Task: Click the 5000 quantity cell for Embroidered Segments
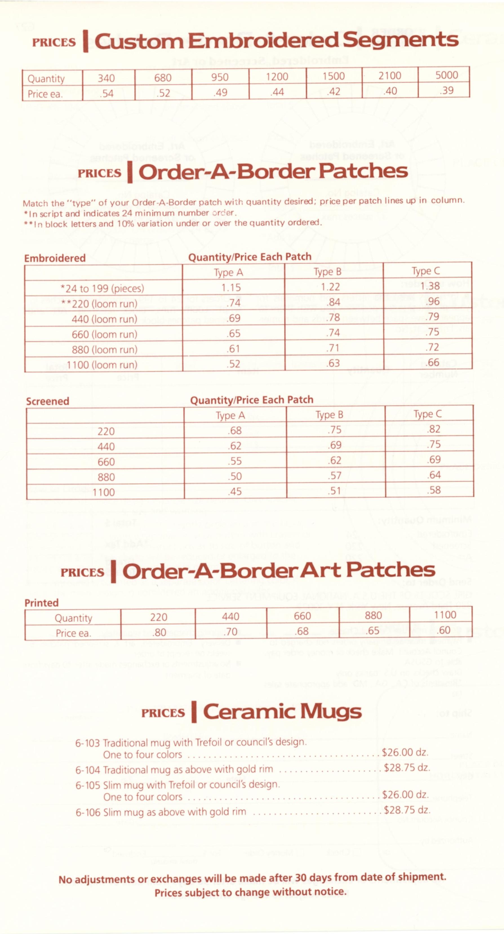pyautogui.click(x=447, y=75)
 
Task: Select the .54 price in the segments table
pyautogui.click(x=106, y=94)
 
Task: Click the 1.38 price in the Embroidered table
pyautogui.click(x=430, y=286)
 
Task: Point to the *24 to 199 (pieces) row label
pyautogui.click(x=102, y=289)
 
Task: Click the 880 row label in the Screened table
pyautogui.click(x=106, y=477)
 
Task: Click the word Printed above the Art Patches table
pyautogui.click(x=41, y=603)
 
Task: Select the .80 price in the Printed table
pyautogui.click(x=159, y=633)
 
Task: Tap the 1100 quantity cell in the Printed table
pyautogui.click(x=445, y=615)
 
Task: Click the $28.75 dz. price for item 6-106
pyautogui.click(x=407, y=810)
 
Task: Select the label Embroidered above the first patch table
pyautogui.click(x=55, y=258)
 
